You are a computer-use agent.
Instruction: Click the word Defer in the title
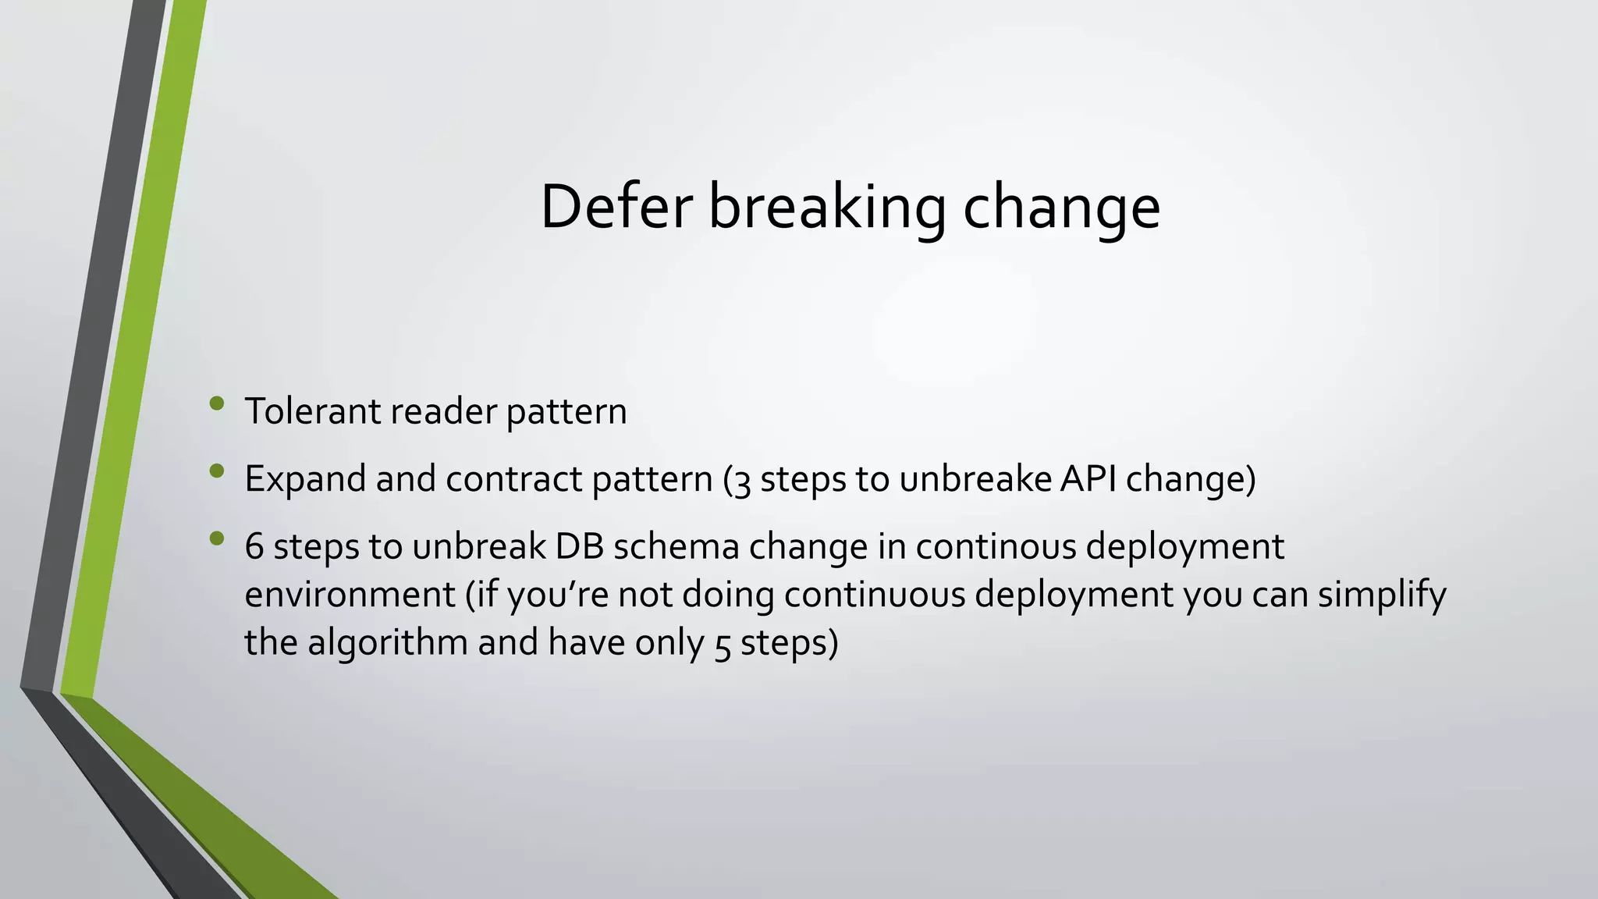point(616,207)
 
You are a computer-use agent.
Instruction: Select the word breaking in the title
point(826,208)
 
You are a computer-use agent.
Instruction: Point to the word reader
point(442,411)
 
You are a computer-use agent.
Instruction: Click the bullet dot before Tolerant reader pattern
point(217,403)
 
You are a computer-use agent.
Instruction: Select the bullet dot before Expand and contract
point(217,471)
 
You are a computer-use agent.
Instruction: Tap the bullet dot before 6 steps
point(217,538)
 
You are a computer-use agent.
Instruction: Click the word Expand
point(304,479)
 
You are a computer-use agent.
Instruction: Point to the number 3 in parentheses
point(742,481)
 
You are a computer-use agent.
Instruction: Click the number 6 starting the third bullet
point(254,546)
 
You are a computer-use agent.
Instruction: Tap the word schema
point(676,546)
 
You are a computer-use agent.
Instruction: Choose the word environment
point(350,595)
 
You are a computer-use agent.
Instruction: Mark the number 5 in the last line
point(722,645)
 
